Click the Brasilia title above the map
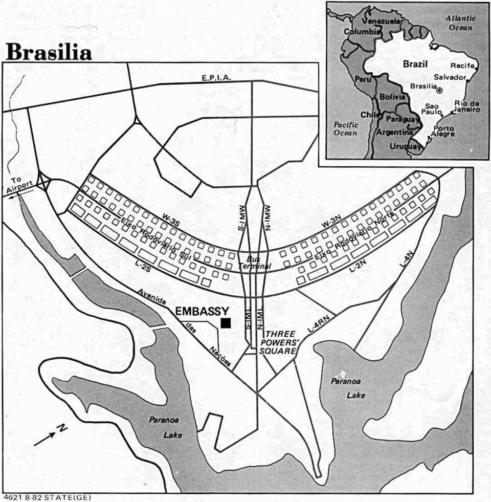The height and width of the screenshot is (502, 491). (x=49, y=52)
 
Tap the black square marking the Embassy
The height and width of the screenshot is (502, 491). (x=226, y=322)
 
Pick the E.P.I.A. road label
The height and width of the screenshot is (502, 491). (x=217, y=78)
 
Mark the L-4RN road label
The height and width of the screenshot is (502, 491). (x=317, y=324)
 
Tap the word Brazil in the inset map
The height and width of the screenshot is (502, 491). (x=415, y=64)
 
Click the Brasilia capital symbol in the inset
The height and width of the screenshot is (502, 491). (x=440, y=90)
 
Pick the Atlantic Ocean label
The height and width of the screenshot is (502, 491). (x=461, y=23)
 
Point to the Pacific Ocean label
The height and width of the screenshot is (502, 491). (x=345, y=128)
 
